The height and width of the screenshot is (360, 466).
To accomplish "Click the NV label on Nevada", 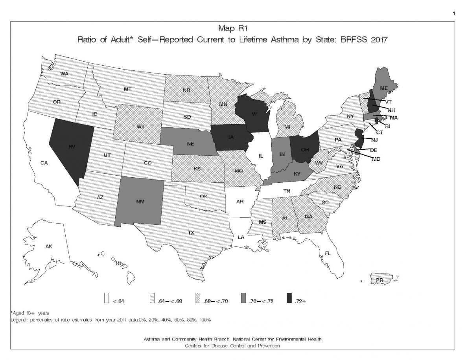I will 72,146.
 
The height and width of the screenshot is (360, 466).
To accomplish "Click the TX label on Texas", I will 191,233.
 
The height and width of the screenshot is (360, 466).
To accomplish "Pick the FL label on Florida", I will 328,253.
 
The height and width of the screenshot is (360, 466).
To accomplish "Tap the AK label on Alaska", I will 49,247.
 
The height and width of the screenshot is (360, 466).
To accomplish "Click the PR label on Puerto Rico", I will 379,280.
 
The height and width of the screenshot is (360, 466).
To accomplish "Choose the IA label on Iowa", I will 232,138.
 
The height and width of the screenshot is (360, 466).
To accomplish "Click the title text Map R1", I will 233,29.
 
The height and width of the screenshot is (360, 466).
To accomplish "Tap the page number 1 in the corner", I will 454,14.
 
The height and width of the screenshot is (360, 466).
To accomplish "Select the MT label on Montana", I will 127,90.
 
